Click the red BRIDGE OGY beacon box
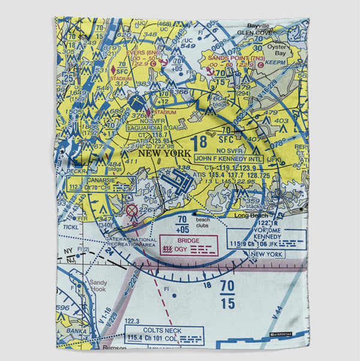[x=187, y=245]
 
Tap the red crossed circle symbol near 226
[x=131, y=210]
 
